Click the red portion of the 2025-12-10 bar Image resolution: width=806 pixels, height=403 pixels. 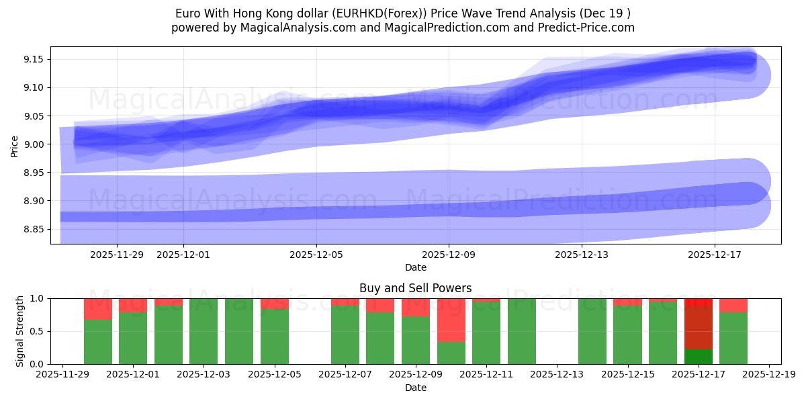[x=451, y=320]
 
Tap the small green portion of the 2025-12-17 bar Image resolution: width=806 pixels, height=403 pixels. [x=699, y=357]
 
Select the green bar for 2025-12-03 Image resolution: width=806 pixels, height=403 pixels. [x=204, y=331]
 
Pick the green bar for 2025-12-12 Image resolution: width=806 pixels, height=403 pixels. [x=522, y=331]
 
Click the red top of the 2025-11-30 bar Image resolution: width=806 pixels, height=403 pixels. [x=98, y=309]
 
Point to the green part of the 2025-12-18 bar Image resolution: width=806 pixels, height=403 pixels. [x=733, y=338]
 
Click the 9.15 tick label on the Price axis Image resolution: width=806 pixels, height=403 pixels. [x=33, y=60]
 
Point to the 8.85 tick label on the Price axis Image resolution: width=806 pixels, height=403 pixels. [x=33, y=230]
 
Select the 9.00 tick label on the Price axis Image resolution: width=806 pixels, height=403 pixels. [x=33, y=144]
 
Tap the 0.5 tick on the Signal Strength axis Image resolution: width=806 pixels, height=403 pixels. [x=38, y=331]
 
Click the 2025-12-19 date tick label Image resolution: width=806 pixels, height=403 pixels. [x=769, y=374]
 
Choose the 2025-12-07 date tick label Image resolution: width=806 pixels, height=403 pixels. [x=345, y=374]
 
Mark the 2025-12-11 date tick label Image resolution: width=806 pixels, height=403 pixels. [x=486, y=374]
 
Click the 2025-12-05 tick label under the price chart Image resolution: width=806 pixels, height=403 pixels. [x=316, y=255]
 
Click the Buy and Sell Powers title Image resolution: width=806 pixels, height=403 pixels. [x=415, y=288]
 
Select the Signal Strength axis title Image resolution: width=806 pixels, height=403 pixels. [x=20, y=331]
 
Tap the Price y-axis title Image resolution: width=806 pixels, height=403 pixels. [x=15, y=145]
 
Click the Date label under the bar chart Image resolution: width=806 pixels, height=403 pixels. [x=415, y=388]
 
